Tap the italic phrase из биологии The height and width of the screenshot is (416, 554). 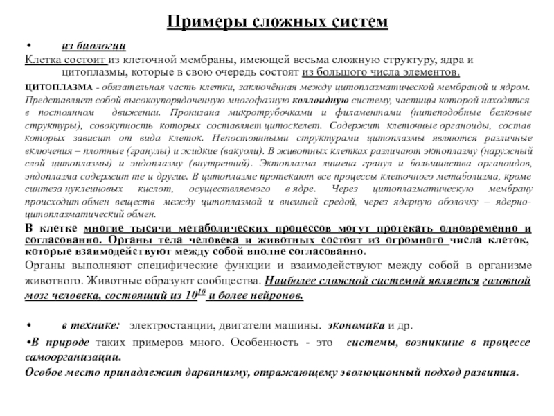[93, 46]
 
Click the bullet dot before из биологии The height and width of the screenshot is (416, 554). [28, 46]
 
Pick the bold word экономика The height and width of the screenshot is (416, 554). [357, 325]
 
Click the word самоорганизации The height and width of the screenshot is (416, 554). [72, 357]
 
